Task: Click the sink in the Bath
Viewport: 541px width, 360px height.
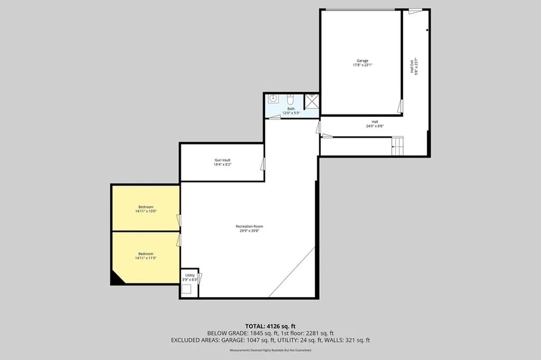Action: point(273,98)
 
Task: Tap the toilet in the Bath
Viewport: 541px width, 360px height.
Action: point(290,99)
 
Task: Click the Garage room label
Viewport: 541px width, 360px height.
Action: point(362,63)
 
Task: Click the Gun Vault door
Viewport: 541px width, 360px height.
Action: point(262,164)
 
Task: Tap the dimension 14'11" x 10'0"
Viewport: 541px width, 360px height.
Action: point(145,211)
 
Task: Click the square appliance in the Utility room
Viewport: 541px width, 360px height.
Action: point(186,289)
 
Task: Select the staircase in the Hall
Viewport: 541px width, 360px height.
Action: point(397,145)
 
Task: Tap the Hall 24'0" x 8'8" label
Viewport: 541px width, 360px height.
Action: point(375,124)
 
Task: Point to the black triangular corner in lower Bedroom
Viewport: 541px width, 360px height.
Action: point(116,280)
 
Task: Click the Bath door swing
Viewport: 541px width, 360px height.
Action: point(275,117)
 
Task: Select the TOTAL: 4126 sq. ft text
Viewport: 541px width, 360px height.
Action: point(270,326)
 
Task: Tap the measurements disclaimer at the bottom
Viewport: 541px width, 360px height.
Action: point(270,350)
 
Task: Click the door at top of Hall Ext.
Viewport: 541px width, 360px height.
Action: point(416,11)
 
